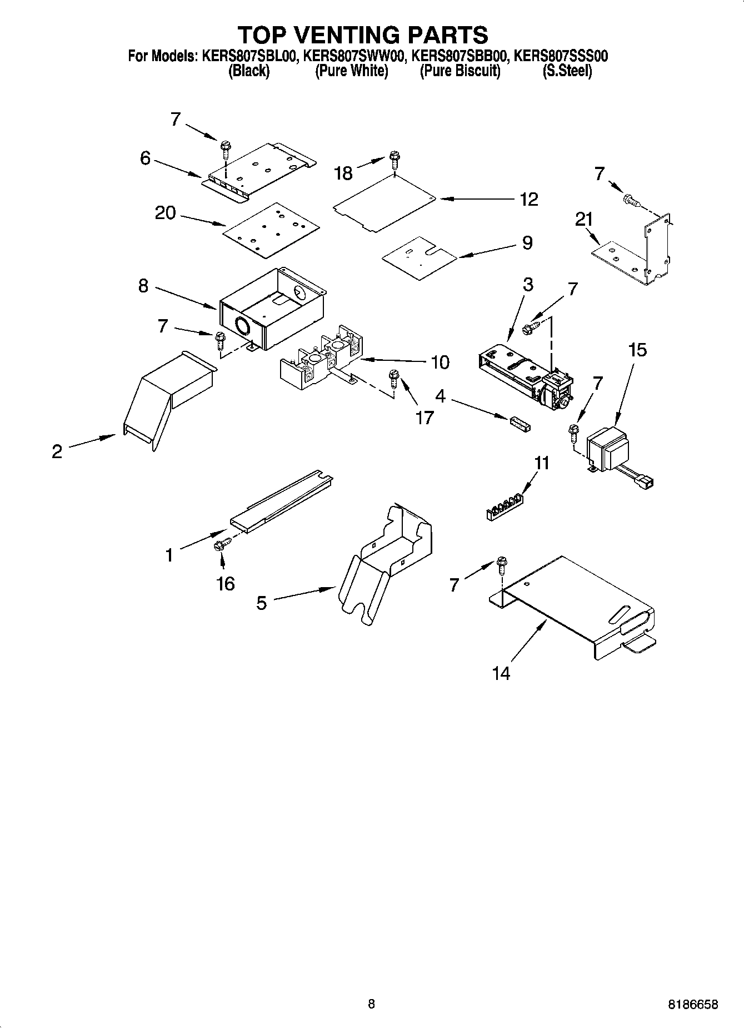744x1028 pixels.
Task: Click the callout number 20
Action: click(165, 212)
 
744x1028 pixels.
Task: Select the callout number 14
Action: click(501, 673)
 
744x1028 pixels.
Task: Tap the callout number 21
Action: click(584, 220)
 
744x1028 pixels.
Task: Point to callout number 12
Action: click(529, 199)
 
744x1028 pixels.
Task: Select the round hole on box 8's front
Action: click(243, 326)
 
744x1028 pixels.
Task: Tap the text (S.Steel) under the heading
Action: click(567, 71)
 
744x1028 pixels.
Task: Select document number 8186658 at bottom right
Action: click(692, 1004)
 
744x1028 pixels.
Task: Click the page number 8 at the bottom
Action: click(371, 1004)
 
